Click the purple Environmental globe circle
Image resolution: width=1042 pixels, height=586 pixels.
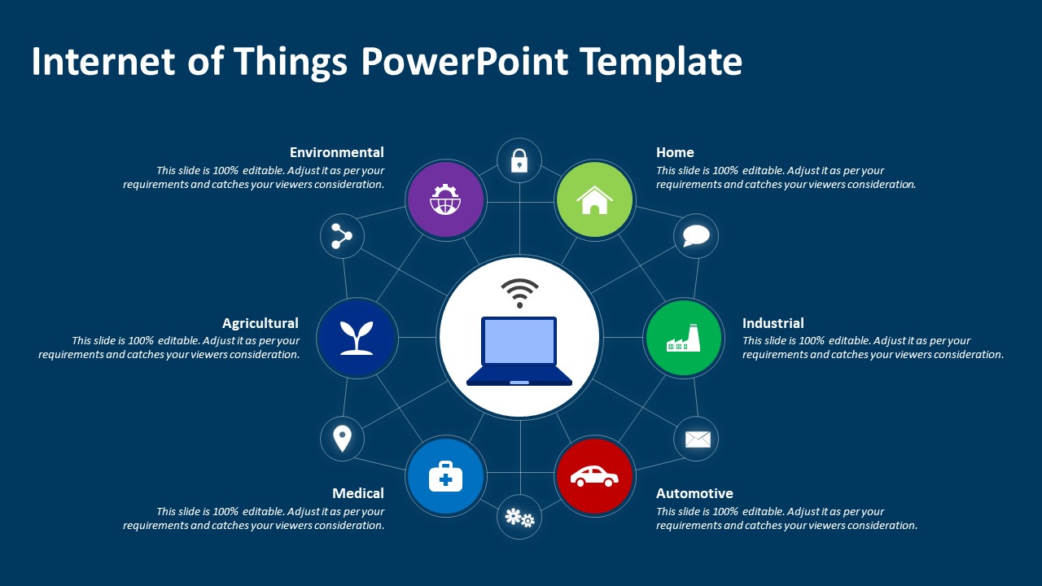445,199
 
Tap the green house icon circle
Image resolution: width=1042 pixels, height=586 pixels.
595,199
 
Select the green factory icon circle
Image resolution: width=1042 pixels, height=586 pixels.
683,337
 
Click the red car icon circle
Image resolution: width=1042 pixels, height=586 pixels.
594,475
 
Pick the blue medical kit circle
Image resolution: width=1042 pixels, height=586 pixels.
445,476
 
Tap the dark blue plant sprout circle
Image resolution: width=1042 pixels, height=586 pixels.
357,337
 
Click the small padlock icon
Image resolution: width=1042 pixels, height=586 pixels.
519,160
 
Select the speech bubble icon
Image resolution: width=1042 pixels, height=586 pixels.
696,236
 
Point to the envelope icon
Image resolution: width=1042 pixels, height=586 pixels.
697,439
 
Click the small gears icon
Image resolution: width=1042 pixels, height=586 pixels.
519,517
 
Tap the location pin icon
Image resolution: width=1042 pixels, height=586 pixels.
343,439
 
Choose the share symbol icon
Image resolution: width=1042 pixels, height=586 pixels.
342,237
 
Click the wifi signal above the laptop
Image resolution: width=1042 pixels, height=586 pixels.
519,292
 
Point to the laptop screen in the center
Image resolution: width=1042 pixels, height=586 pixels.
519,342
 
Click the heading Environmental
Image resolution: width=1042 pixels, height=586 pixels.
336,152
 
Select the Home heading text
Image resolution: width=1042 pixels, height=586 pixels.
675,152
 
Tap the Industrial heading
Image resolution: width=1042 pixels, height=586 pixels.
773,323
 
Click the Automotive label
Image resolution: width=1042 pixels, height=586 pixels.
694,493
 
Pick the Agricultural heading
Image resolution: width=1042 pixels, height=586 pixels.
260,323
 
